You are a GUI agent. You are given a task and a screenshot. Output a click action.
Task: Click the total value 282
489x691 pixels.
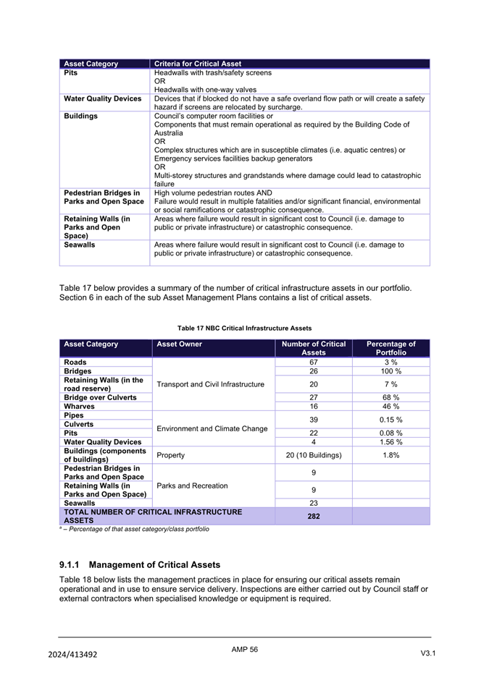pos(313,516)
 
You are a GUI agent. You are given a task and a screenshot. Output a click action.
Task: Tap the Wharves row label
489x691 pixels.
pos(80,407)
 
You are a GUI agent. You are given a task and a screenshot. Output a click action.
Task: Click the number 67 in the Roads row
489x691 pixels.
pos(313,362)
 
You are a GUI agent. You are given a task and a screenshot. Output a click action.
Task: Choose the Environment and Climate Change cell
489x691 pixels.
pos(212,429)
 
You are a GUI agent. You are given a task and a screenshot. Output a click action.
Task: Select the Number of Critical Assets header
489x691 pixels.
pos(313,348)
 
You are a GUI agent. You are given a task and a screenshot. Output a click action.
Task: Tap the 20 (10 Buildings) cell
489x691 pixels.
pos(313,456)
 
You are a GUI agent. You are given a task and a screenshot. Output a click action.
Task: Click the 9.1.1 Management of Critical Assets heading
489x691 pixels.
pos(139,564)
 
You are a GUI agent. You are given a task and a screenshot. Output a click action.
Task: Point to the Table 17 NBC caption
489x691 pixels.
pos(244,328)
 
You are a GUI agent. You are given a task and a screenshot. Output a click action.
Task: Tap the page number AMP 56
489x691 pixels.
pos(244,650)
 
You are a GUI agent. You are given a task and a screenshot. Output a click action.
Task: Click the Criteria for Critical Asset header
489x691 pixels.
pos(198,64)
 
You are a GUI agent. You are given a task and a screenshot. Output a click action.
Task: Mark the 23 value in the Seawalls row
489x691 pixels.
pos(313,502)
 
